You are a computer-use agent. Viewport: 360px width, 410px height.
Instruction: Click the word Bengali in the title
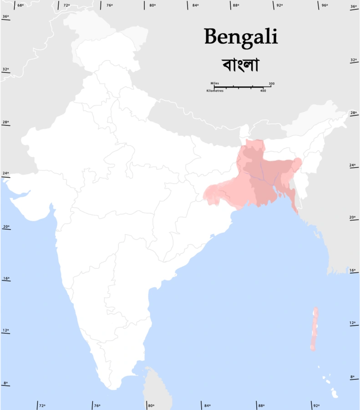[x=241, y=36]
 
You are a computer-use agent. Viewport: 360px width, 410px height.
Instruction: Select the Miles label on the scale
[x=215, y=83]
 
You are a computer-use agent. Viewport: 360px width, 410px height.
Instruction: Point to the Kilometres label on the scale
[x=215, y=91]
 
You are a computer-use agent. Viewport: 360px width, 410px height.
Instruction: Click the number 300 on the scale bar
[x=271, y=83]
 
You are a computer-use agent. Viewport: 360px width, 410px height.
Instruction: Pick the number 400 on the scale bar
[x=263, y=91]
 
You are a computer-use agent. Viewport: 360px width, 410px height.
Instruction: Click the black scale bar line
[x=242, y=87]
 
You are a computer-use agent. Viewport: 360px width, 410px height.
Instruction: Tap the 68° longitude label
[x=20, y=5]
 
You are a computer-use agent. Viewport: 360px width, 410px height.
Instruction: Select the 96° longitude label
[x=325, y=5]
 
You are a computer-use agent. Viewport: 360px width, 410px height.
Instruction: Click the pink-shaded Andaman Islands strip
[x=314, y=328]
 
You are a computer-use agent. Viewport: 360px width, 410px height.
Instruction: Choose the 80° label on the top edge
[x=152, y=5]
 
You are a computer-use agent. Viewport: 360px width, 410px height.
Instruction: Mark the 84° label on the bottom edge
[x=207, y=405]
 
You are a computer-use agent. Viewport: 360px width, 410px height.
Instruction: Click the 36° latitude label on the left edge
[x=5, y=16]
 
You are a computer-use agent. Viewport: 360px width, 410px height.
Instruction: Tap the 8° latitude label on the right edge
[x=352, y=377]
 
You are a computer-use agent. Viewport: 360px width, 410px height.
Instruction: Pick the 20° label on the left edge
[x=5, y=226]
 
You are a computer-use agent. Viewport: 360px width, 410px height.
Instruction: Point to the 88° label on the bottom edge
[x=261, y=405]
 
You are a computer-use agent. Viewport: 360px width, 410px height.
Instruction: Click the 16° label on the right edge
[x=352, y=270]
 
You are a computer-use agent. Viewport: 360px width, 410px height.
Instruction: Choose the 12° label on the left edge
[x=5, y=330]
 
